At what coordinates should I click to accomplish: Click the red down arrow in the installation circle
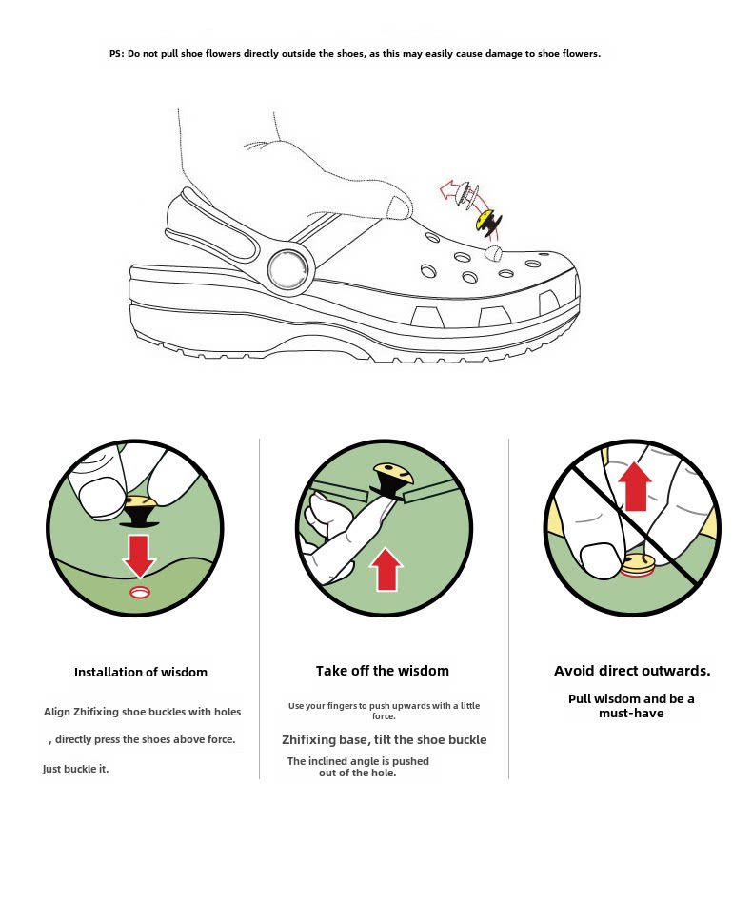point(139,554)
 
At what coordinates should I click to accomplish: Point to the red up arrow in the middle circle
point(386,569)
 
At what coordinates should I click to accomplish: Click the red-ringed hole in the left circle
point(139,593)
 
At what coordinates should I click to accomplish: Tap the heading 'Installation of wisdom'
point(141,672)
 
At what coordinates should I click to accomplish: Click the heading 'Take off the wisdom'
point(383,671)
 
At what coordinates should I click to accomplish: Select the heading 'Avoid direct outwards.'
point(632,671)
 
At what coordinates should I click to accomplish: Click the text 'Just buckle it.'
point(76,769)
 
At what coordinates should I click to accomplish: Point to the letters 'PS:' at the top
point(116,54)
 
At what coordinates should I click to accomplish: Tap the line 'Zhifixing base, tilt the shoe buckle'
point(384,739)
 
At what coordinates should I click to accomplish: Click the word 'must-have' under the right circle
point(631,714)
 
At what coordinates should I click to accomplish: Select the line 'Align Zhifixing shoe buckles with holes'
point(143,712)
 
